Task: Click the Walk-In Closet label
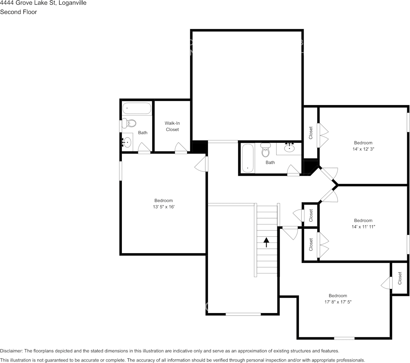pyautogui.click(x=172, y=126)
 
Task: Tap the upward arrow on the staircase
pyautogui.click(x=266, y=242)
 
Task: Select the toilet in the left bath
pyautogui.click(x=131, y=123)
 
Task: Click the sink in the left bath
pyautogui.click(x=126, y=143)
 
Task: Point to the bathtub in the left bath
pyautogui.click(x=137, y=108)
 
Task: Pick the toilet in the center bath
pyautogui.click(x=266, y=151)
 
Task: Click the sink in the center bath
pyautogui.click(x=289, y=148)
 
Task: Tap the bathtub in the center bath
pyautogui.click(x=248, y=158)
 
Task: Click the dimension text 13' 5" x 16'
pyautogui.click(x=163, y=207)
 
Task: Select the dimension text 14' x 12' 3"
pyautogui.click(x=363, y=149)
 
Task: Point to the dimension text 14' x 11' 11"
pyautogui.click(x=363, y=227)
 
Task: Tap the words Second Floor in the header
pyautogui.click(x=18, y=12)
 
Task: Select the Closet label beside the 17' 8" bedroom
pyautogui.click(x=400, y=278)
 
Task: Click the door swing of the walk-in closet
pyautogui.click(x=181, y=148)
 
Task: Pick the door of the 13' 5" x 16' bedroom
pyautogui.click(x=202, y=164)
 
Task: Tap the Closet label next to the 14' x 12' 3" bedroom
pyautogui.click(x=311, y=133)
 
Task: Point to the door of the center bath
pyautogui.click(x=293, y=170)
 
